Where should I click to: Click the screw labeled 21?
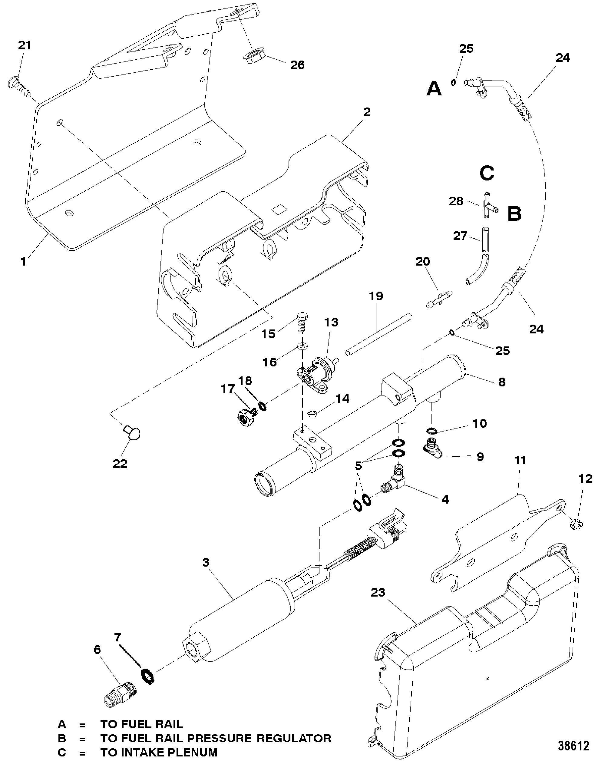[x=19, y=88]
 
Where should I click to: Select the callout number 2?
[x=367, y=112]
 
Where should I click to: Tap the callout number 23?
[x=378, y=592]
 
